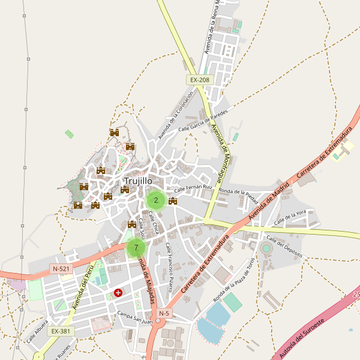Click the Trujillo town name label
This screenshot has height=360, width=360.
tap(138, 181)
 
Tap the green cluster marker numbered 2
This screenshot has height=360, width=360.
tap(156, 200)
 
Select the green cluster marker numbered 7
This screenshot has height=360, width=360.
tap(136, 247)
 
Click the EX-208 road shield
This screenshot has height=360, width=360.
tap(199, 80)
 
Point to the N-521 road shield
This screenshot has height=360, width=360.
tap(61, 269)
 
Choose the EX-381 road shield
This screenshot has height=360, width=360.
tap(61, 331)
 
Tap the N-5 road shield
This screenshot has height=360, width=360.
tap(164, 313)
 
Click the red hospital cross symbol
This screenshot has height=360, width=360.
tap(118, 293)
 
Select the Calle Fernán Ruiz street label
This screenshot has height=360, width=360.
tap(193, 188)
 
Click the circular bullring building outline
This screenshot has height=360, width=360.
tap(266, 248)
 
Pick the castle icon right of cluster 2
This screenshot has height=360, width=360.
tap(173, 202)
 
